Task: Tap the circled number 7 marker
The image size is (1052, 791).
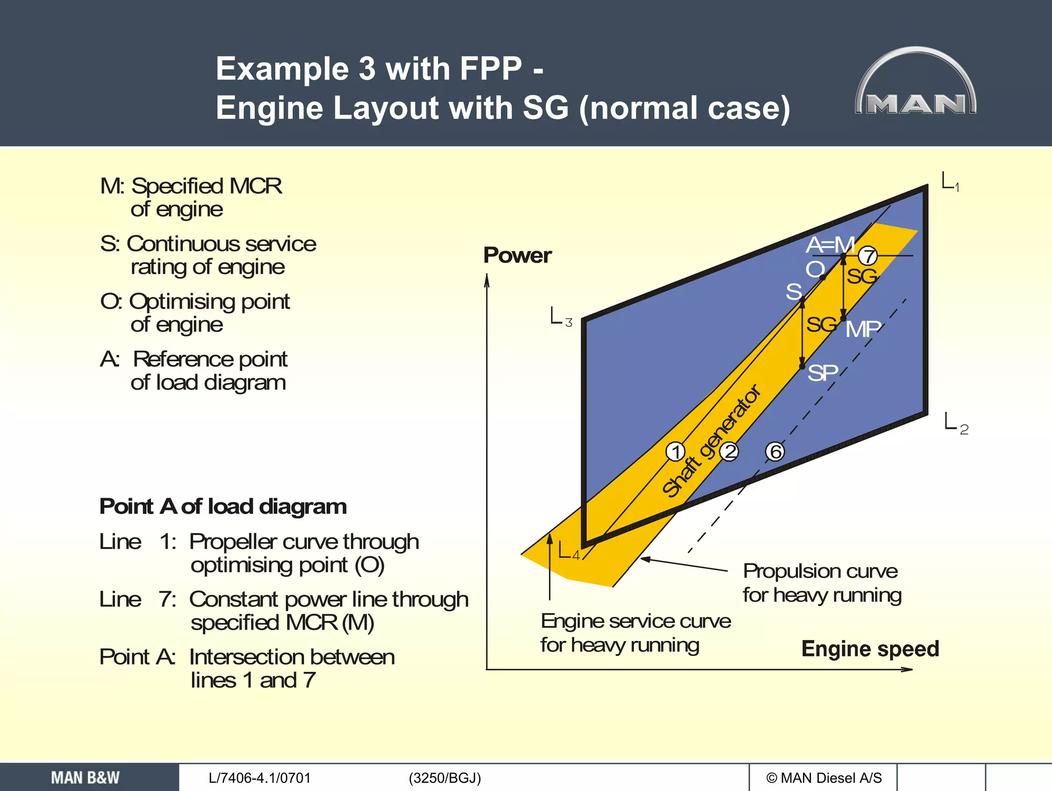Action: tap(868, 255)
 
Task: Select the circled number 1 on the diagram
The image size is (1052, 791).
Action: tap(675, 452)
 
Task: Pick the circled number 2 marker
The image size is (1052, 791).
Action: tap(729, 452)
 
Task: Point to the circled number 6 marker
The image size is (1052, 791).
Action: tap(775, 452)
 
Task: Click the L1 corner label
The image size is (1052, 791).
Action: tap(950, 182)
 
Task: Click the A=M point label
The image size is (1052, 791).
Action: tap(830, 245)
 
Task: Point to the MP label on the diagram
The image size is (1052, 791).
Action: tap(863, 329)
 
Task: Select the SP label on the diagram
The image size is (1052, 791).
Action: tap(822, 373)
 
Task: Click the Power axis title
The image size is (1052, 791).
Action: tap(517, 255)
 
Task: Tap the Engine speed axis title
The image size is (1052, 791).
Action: tap(870, 649)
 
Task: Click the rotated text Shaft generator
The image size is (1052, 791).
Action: tap(711, 441)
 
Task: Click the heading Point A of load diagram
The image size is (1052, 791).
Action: tap(223, 506)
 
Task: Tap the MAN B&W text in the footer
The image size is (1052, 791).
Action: tap(85, 778)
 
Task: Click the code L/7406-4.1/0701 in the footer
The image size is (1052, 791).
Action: tap(259, 778)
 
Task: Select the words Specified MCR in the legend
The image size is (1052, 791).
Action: tap(206, 186)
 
